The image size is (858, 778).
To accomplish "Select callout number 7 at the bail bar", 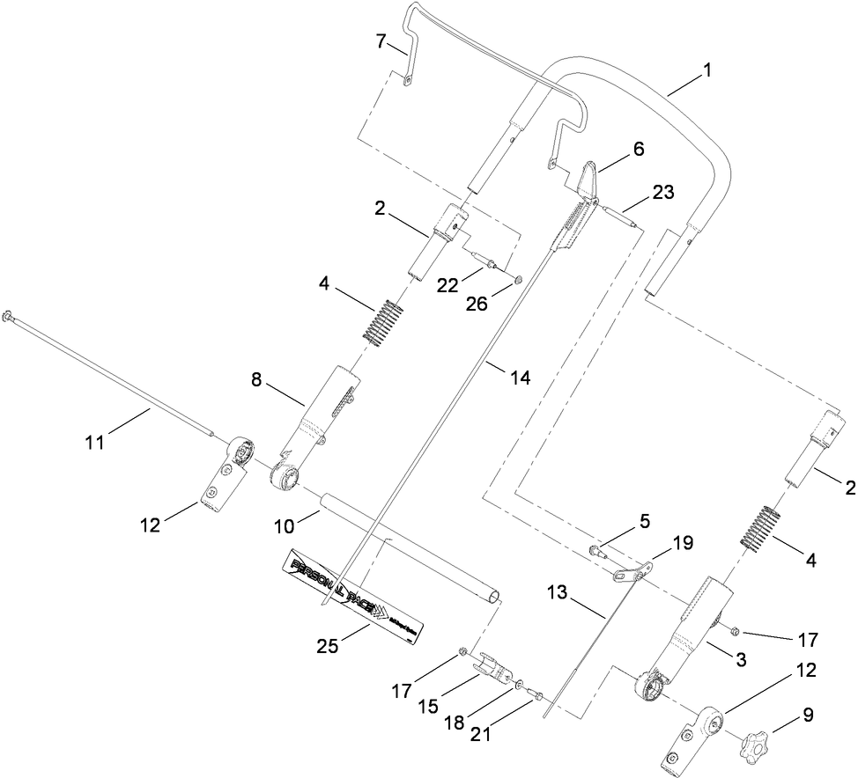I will click(x=381, y=41).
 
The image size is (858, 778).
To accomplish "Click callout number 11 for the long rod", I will click(x=96, y=441).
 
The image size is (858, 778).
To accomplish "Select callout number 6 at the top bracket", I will click(x=636, y=150).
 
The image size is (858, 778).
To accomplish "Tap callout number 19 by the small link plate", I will click(x=682, y=545).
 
